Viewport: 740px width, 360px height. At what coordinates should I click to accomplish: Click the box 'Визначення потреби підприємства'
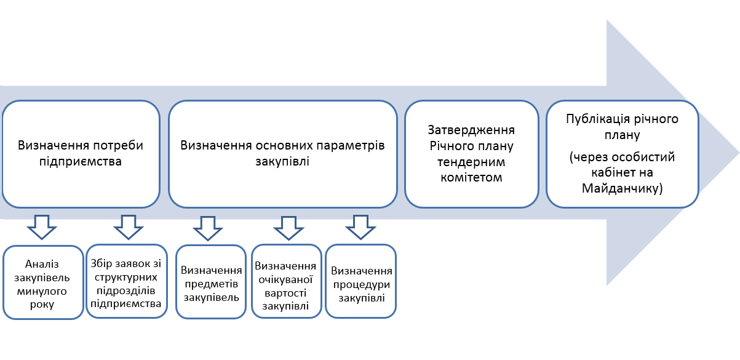pyautogui.click(x=81, y=154)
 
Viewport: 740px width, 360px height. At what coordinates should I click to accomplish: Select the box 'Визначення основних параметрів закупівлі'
pyautogui.click(x=283, y=154)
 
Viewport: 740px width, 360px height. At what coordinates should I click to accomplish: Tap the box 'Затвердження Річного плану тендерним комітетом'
pyautogui.click(x=472, y=154)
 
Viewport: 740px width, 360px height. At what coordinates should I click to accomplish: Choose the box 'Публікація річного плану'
pyautogui.click(x=623, y=154)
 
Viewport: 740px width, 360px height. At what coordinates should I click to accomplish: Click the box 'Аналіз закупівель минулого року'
pyautogui.click(x=43, y=282)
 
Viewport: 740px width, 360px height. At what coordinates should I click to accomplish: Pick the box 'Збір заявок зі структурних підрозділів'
pyautogui.click(x=127, y=281)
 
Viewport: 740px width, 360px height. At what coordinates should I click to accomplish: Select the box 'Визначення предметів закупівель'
pyautogui.click(x=211, y=282)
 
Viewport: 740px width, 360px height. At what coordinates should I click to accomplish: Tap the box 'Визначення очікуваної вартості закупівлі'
pyautogui.click(x=287, y=281)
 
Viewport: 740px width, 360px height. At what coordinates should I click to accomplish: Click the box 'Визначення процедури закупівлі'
pyautogui.click(x=360, y=281)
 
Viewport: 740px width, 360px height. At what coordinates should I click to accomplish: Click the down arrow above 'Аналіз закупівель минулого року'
pyautogui.click(x=42, y=227)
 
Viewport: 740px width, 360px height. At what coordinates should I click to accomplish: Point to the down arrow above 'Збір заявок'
pyautogui.click(x=128, y=227)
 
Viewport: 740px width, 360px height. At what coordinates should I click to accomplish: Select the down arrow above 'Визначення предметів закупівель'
pyautogui.click(x=208, y=228)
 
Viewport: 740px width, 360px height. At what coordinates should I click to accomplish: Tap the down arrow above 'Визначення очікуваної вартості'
pyautogui.click(x=288, y=228)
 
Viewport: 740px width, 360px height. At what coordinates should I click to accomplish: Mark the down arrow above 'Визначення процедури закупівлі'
pyautogui.click(x=360, y=227)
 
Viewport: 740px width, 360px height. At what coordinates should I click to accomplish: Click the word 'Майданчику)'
pyautogui.click(x=623, y=188)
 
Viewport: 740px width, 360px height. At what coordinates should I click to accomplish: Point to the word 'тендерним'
pyautogui.click(x=471, y=162)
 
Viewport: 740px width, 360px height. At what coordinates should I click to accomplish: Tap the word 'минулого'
pyautogui.click(x=42, y=291)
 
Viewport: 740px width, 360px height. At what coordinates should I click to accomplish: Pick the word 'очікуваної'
pyautogui.click(x=285, y=280)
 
